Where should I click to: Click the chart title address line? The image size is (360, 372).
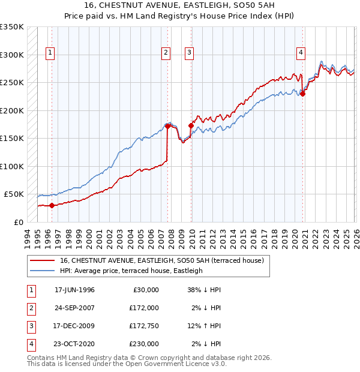(180, 7)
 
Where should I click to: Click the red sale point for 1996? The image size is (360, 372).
(52, 205)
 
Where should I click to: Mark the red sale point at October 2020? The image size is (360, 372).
(303, 94)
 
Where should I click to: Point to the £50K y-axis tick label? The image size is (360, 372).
(14, 194)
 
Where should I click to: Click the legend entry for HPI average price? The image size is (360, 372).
(131, 271)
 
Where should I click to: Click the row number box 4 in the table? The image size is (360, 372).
(29, 344)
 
